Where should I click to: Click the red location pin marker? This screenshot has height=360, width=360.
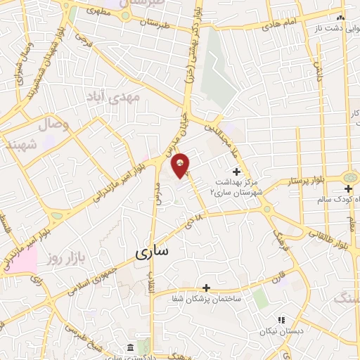pyautogui.click(x=181, y=165)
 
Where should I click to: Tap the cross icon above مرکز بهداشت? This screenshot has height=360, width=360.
pyautogui.click(x=236, y=171)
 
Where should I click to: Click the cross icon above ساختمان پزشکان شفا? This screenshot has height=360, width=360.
pyautogui.click(x=206, y=287)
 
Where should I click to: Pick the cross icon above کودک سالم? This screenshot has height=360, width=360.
pyautogui.click(x=349, y=188)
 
